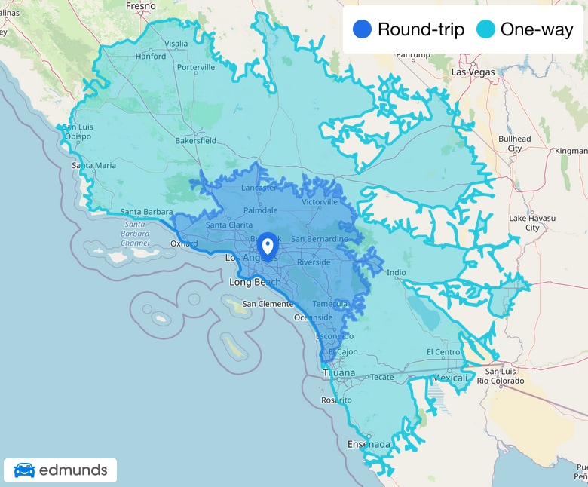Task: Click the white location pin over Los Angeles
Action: coord(267,247)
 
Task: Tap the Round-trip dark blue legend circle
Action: coord(363,30)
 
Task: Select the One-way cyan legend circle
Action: coord(485,30)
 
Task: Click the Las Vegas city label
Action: coord(473,72)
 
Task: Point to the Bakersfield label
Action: coord(195,141)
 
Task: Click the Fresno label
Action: coord(141,6)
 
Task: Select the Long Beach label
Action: coord(255,283)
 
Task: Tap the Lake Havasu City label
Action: coord(532,222)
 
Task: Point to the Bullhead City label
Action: coord(515,143)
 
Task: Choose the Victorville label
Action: coord(319,202)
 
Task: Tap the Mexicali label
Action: coord(451,378)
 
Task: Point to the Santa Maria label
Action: coord(94,165)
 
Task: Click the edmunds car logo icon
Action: coord(24,470)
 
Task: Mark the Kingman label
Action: coord(571,151)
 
